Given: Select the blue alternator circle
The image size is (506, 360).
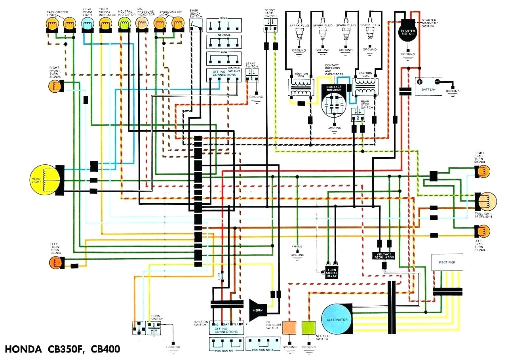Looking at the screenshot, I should click(x=337, y=319).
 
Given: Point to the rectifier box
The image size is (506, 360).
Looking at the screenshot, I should click(x=447, y=262).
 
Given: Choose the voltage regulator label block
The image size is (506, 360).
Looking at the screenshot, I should click(x=384, y=255).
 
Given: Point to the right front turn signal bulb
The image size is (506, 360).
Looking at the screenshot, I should click(x=55, y=86).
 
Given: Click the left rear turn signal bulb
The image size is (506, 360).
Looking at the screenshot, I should click(x=482, y=231).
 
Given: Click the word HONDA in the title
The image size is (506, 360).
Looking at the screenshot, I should click(x=23, y=350).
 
